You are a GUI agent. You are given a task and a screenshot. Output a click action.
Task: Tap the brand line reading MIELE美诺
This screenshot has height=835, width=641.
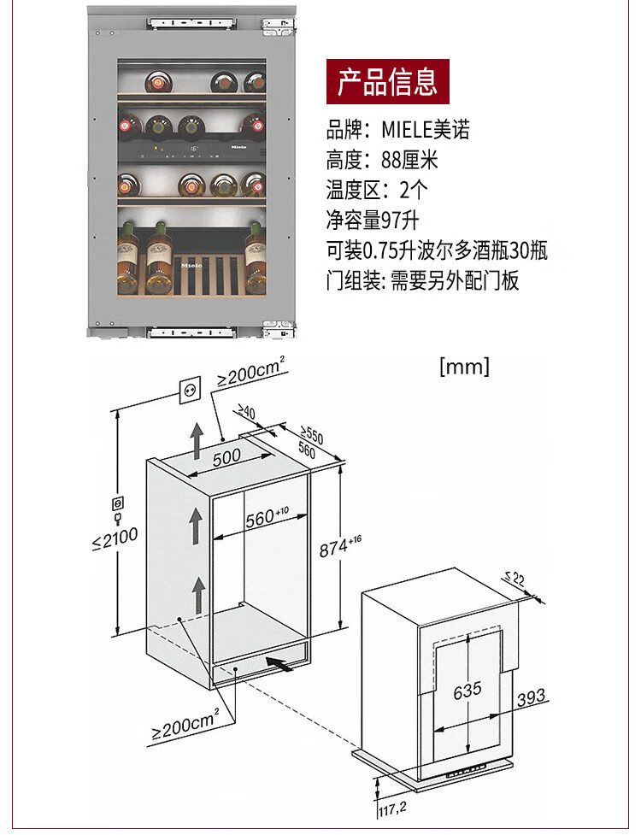397,130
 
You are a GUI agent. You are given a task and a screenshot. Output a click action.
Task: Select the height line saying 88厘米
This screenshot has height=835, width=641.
387,159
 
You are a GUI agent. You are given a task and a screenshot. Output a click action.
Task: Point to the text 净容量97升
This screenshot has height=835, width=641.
373,221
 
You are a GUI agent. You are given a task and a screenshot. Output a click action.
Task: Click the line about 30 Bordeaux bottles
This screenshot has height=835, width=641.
436,250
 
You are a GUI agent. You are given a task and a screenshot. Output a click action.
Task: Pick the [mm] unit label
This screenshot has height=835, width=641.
464,367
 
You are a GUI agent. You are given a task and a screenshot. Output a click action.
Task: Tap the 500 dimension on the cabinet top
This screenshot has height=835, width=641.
226,457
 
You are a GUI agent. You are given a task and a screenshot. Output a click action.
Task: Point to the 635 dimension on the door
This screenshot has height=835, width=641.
467,689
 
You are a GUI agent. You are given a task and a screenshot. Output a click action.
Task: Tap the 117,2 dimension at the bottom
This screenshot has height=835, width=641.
392,806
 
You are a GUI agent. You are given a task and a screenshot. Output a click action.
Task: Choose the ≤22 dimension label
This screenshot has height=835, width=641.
515,579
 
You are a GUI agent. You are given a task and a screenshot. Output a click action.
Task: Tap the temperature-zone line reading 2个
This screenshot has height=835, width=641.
380,190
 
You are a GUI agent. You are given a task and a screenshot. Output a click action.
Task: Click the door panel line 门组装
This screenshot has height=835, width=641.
422,280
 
